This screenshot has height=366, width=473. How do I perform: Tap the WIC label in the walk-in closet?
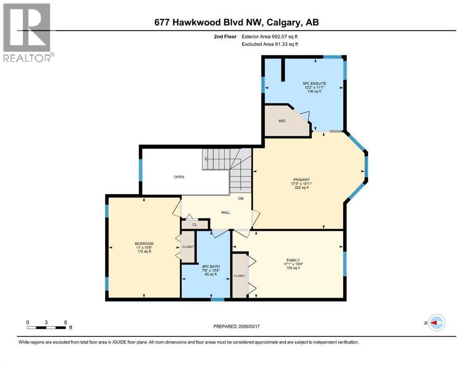coord(282,121)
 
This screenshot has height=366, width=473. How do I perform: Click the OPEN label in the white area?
coord(179,177)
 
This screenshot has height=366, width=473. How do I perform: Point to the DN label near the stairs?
coord(241,199)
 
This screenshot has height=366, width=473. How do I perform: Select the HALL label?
coord(225,212)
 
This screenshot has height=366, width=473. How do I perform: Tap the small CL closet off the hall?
coord(195,224)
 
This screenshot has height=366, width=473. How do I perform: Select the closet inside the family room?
coord(239,276)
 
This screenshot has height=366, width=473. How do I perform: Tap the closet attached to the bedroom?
coord(188,247)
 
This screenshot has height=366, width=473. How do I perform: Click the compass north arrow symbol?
coord(436,323)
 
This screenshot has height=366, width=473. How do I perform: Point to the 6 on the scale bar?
coord(64,322)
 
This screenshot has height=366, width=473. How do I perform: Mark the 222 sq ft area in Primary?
coord(302,188)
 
